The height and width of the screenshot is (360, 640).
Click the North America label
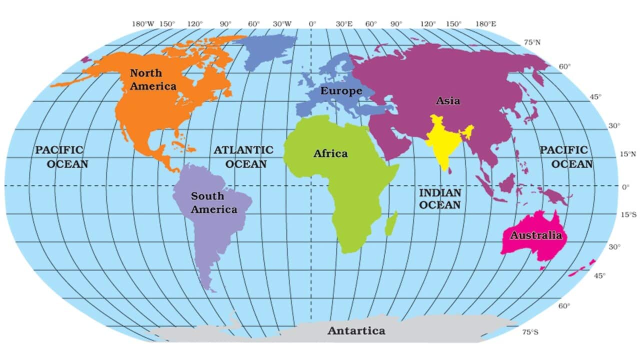pos(153,79)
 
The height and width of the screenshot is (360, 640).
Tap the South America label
pos(213,202)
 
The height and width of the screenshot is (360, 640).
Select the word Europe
pos(341,91)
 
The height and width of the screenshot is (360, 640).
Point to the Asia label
pos(447,100)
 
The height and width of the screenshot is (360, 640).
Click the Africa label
pos(330,153)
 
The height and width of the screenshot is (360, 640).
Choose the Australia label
pos(535,235)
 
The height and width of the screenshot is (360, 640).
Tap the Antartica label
pos(356,330)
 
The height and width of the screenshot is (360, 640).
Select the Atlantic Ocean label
pos(243,156)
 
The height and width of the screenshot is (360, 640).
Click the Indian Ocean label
pos(440,198)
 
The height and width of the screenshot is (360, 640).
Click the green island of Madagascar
pos(392,224)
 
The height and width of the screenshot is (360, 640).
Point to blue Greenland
pos(267,50)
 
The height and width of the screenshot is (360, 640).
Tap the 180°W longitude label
pos(143,24)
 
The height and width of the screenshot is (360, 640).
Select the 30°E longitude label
pos(344,24)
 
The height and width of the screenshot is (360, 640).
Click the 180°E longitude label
pos(485,24)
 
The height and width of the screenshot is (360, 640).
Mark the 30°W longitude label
pos(282,24)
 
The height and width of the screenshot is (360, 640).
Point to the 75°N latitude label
pos(531,42)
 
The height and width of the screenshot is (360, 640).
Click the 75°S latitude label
pos(530,331)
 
